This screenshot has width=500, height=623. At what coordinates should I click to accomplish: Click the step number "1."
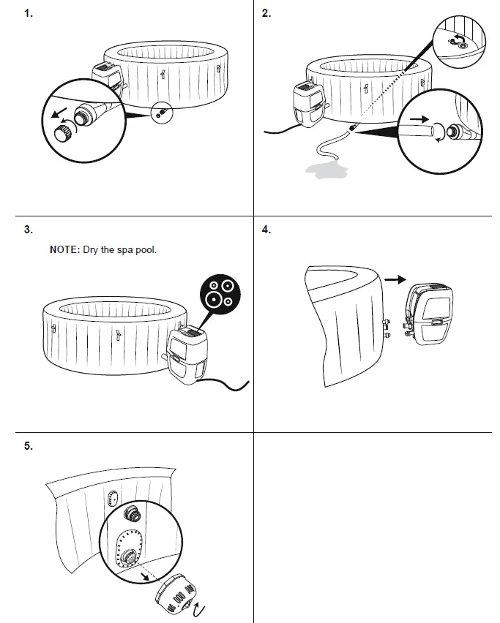29,13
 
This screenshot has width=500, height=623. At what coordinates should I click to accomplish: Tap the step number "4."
266,230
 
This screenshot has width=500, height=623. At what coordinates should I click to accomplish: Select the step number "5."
29,446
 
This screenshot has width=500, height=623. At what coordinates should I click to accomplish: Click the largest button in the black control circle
214,298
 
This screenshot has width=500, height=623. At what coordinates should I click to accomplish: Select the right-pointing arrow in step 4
395,279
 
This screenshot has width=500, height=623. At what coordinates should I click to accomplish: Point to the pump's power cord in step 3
227,383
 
